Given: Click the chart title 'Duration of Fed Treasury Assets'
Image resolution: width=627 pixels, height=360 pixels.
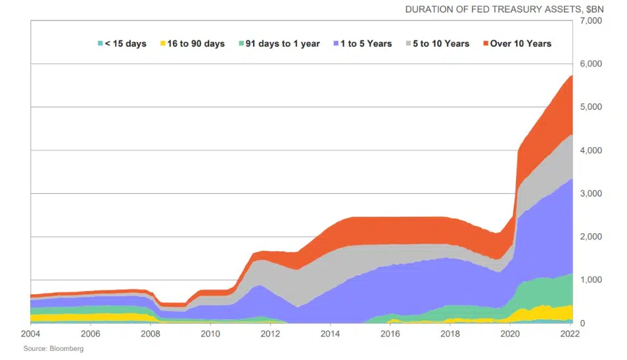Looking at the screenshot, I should [x=504, y=9].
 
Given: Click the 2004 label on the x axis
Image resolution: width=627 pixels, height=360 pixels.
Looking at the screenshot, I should [x=30, y=334].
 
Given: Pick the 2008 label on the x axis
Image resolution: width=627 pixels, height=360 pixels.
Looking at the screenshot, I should [x=151, y=334].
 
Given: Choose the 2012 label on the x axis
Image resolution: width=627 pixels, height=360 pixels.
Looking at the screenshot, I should [x=270, y=334].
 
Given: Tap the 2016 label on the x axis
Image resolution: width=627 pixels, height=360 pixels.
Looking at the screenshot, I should [x=390, y=334].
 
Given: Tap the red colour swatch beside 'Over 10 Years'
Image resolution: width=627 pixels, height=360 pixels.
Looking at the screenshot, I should [x=486, y=44].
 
